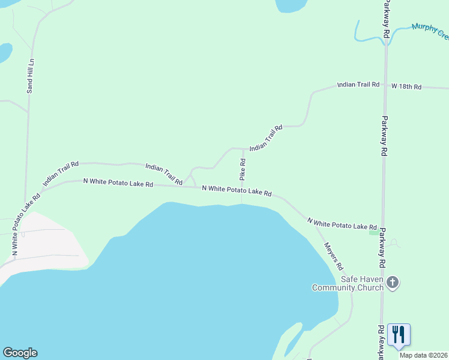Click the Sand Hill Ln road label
[31, 76]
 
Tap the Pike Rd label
[243, 169]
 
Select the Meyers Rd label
[333, 256]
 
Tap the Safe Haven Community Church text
[348, 283]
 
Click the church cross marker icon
[393, 282]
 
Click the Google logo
[20, 353]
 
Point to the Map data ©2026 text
[423, 355]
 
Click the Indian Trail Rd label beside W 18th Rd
[358, 85]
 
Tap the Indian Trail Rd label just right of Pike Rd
[266, 138]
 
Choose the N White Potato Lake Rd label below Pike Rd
[237, 191]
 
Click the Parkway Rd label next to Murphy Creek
[387, 19]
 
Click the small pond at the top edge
[291, 5]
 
